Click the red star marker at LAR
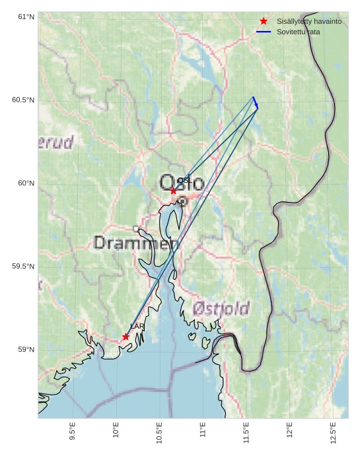tap(126, 337)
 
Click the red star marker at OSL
tap(173, 191)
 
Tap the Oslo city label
tap(182, 182)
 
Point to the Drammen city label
tap(136, 243)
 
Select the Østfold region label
tap(221, 308)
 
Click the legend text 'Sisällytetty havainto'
tap(309, 21)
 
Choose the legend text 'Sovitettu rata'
tap(298, 32)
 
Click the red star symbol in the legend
tap(264, 21)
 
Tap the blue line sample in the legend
tap(264, 32)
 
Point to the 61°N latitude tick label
tap(26, 16)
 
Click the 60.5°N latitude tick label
tap(23, 100)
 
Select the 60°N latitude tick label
tap(26, 183)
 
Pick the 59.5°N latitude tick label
tap(23, 266)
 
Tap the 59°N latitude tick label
tap(26, 349)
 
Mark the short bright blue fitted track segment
tap(256, 102)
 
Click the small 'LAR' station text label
tap(137, 327)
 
